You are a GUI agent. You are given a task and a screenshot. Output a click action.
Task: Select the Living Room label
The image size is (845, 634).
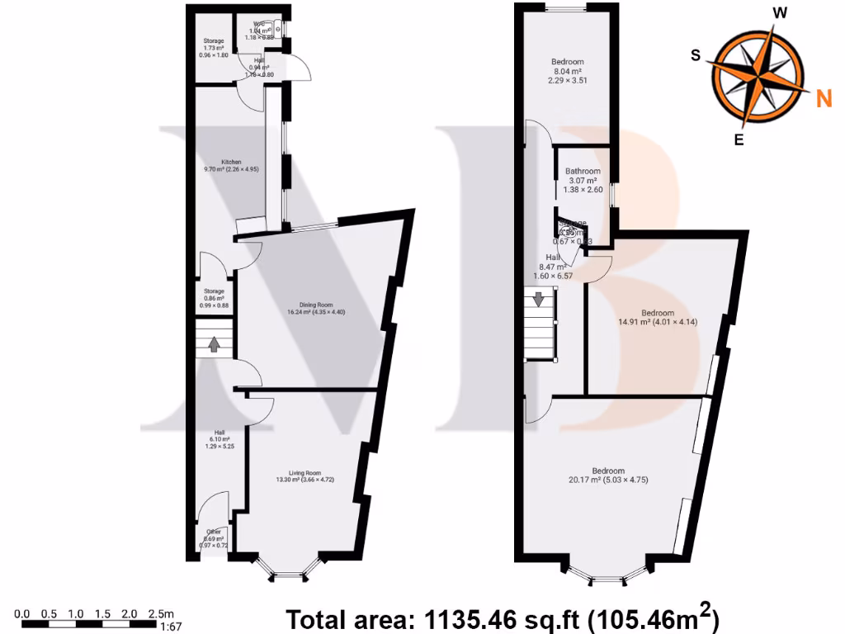(x=305, y=475)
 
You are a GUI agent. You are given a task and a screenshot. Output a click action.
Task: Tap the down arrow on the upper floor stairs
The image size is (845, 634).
(x=539, y=299)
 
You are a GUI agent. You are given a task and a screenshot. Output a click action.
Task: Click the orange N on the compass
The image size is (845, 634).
(x=823, y=100)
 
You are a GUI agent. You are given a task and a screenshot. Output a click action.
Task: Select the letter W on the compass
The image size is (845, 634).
(x=779, y=12)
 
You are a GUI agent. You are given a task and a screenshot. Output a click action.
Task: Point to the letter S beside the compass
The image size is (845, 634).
(x=696, y=55)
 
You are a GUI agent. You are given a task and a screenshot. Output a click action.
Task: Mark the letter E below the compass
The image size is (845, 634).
(x=739, y=140)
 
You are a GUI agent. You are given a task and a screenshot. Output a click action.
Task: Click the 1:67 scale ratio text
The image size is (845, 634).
(x=170, y=626)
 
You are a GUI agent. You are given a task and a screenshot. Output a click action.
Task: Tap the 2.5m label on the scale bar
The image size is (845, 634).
(x=161, y=613)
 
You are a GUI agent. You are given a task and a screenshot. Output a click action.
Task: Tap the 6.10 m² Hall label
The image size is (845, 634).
(x=219, y=438)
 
